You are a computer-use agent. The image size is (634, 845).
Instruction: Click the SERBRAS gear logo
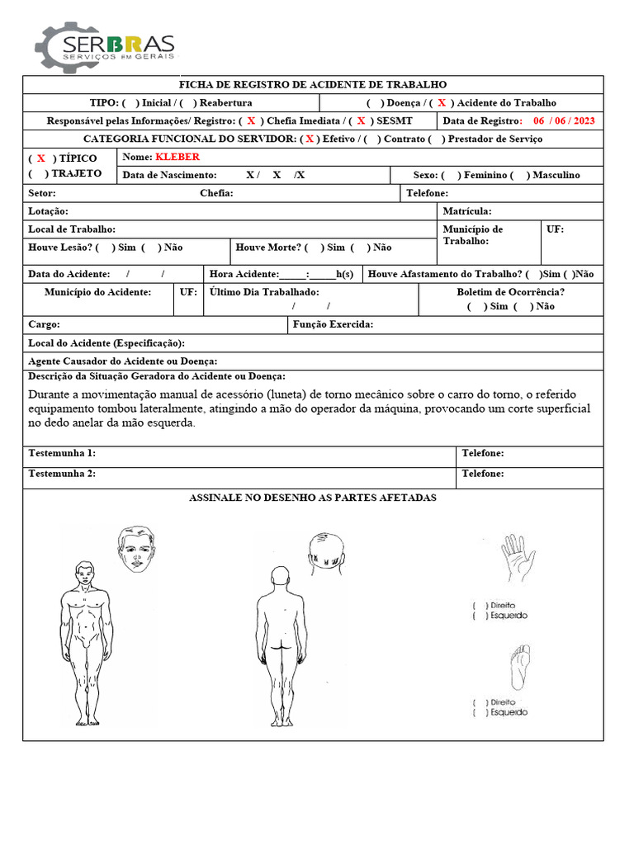(104, 47)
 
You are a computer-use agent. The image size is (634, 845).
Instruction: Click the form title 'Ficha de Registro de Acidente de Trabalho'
(313, 84)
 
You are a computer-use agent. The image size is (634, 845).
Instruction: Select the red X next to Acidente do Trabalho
(442, 103)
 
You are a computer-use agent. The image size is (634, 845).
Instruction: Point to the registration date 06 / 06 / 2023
(564, 120)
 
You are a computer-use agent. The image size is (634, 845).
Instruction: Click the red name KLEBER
(177, 157)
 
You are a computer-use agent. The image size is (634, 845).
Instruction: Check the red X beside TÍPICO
(40, 158)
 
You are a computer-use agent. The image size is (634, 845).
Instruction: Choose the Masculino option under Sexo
(520, 175)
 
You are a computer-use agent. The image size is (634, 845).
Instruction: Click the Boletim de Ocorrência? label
(510, 292)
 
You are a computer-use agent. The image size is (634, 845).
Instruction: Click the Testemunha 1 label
(62, 453)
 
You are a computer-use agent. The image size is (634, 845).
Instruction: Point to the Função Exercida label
(333, 324)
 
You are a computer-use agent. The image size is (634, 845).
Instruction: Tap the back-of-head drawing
(325, 550)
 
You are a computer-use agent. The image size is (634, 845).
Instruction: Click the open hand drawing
(518, 562)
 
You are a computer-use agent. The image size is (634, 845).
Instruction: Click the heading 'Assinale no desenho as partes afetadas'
(312, 498)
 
